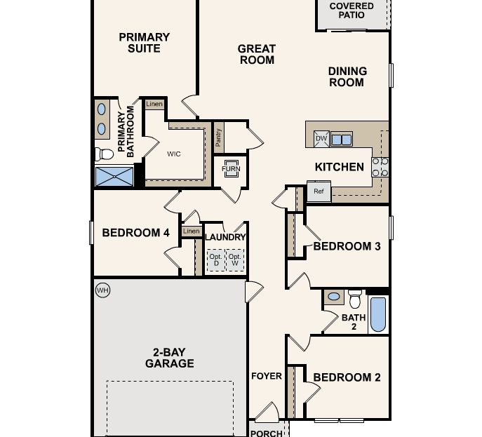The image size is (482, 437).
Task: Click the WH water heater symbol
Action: point(102,290)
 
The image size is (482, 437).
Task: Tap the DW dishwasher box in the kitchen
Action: point(321,138)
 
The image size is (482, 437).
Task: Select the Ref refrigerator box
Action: point(319,191)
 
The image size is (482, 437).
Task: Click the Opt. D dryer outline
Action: point(215,261)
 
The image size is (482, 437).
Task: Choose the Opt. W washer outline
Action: point(235,261)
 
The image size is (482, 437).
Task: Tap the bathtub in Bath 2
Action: point(377,314)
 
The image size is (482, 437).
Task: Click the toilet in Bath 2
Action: point(355,300)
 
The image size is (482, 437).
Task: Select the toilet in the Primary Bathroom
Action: point(104,153)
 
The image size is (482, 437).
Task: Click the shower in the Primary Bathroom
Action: point(114,175)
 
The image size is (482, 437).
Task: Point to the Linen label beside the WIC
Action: point(154,105)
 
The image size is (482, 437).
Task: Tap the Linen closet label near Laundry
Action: point(191,231)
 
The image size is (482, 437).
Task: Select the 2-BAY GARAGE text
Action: point(169,358)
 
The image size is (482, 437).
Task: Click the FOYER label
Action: point(267,376)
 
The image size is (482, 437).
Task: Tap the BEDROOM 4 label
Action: point(136,233)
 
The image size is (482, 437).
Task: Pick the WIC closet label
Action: point(174,154)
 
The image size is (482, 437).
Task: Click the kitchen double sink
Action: point(342,139)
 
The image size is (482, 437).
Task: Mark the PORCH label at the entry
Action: point(266,433)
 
